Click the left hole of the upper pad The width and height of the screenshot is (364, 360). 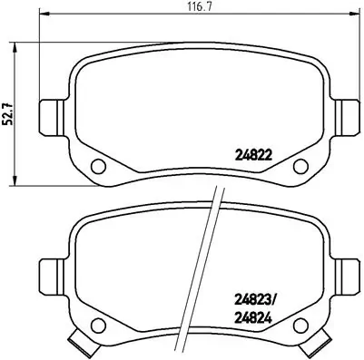[x=99, y=165]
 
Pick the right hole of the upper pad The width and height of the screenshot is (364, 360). [x=301, y=165]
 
